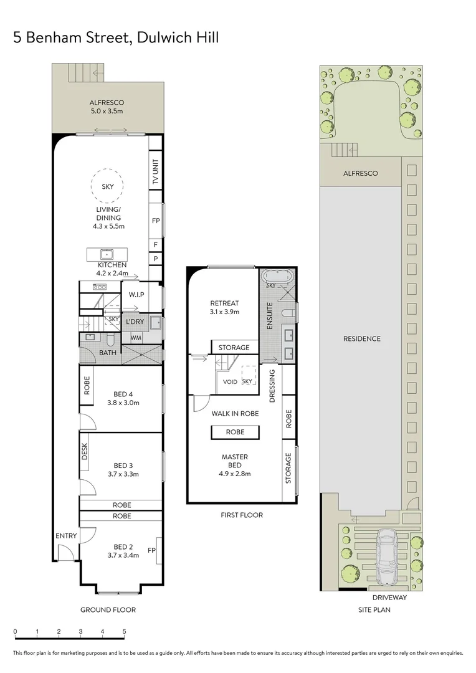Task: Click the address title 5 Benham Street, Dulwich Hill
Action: (x=116, y=38)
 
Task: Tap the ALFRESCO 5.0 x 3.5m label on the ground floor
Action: (x=107, y=107)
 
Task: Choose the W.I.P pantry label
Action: (x=137, y=294)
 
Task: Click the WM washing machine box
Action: (x=135, y=338)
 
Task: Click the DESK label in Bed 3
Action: (x=85, y=451)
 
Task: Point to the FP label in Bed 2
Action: (x=151, y=550)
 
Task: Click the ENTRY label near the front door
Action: (x=66, y=536)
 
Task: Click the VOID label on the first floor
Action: (x=230, y=381)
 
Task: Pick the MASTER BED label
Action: (x=234, y=461)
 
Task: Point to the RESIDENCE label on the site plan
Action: (x=361, y=339)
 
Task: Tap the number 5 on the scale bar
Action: (x=125, y=631)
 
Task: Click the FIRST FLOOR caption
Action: (x=242, y=515)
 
